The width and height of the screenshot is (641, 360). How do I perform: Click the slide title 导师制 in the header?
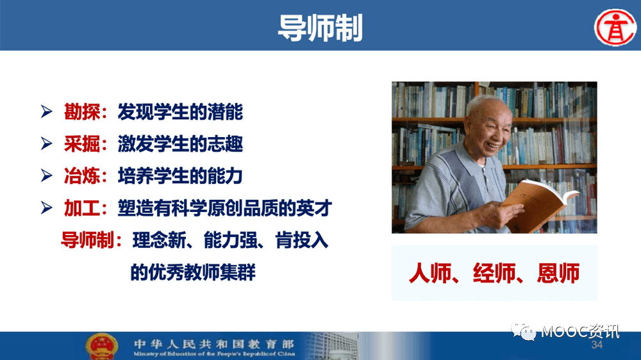[x=320, y=28]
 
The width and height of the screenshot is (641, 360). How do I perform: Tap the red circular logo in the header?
[x=615, y=28]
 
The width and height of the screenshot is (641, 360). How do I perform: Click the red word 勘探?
[x=82, y=111]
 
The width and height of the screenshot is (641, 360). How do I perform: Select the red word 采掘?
[x=82, y=144]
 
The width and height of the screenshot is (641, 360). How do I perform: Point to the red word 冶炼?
[x=82, y=176]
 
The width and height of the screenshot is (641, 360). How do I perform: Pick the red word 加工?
[x=82, y=208]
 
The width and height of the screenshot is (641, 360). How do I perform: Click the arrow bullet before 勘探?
[x=47, y=111]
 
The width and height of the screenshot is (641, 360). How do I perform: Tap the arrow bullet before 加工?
[x=47, y=208]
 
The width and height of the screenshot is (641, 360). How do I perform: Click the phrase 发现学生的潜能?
[x=180, y=111]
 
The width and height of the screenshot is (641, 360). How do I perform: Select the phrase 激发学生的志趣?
[x=180, y=144]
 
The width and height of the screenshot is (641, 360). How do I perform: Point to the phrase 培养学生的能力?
[x=180, y=176]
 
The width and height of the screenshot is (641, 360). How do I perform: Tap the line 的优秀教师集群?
[x=193, y=272]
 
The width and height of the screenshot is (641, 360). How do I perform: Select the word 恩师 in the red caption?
[x=558, y=273]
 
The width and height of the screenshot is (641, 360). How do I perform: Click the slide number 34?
[x=597, y=345]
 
